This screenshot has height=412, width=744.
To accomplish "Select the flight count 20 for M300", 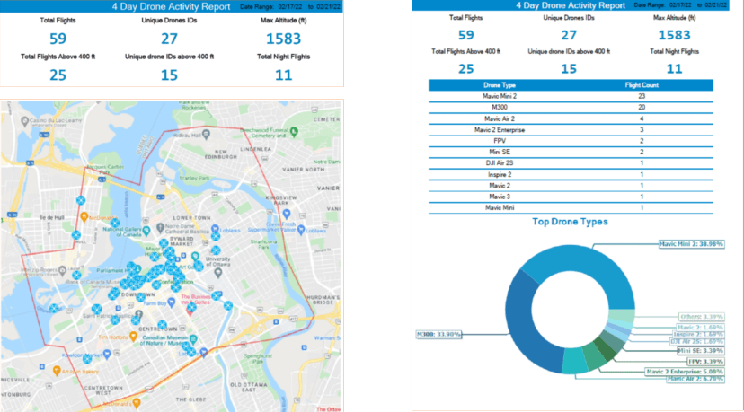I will click(x=642, y=107).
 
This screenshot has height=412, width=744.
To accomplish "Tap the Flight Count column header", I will click(x=642, y=84).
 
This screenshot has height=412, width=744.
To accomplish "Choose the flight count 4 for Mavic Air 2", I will click(x=642, y=118).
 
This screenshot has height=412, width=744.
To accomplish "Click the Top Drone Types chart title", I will click(x=570, y=221).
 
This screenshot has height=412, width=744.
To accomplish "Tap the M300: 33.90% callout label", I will click(x=438, y=334).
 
